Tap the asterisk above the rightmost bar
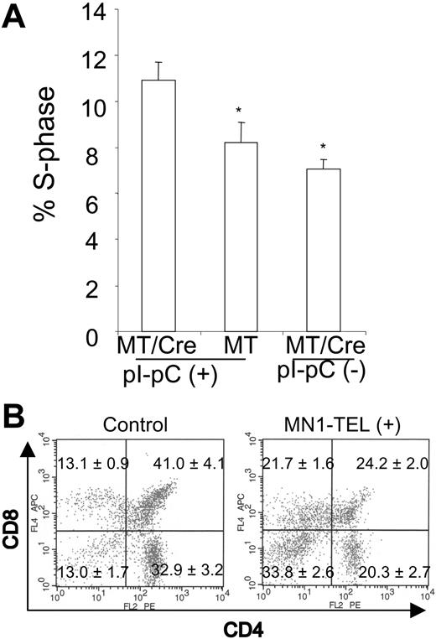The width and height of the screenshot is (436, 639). coord(322,145)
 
